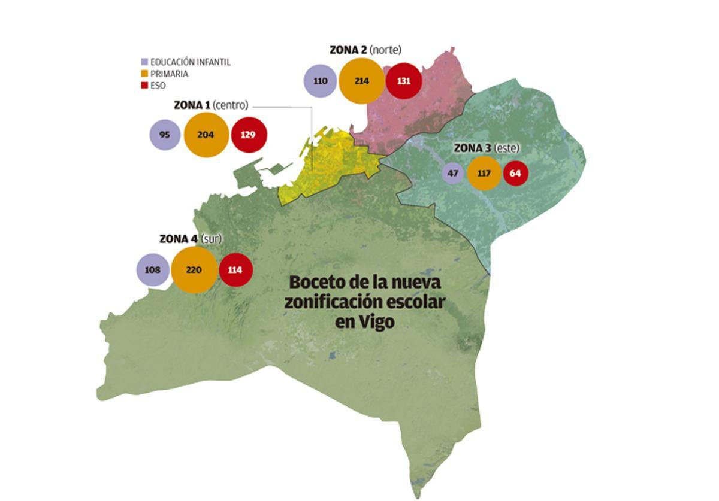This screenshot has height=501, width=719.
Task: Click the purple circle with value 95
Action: point(165,135)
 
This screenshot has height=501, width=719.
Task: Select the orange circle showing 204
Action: point(206,135)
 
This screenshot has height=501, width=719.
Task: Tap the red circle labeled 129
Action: point(248,135)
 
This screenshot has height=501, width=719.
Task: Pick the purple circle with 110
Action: point(321,81)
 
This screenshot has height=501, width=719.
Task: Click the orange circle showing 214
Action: point(361,81)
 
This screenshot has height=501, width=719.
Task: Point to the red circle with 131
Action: point(403,81)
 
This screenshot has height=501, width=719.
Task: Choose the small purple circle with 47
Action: point(453,174)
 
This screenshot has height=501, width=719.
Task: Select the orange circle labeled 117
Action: point(484,174)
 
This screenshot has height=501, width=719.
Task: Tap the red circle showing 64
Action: point(515,174)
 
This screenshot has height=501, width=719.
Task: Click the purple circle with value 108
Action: point(153,270)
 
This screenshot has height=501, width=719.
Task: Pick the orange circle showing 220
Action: point(194,270)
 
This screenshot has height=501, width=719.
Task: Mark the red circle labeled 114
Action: point(235,270)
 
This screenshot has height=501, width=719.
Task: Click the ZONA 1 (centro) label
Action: point(210,105)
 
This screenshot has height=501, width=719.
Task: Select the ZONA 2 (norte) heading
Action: point(365,50)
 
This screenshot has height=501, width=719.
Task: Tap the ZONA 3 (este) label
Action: point(487,148)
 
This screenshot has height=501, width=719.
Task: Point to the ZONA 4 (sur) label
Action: point(191,239)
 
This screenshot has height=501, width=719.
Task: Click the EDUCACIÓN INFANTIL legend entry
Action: point(185,62)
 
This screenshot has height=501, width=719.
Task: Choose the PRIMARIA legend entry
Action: point(164,74)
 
